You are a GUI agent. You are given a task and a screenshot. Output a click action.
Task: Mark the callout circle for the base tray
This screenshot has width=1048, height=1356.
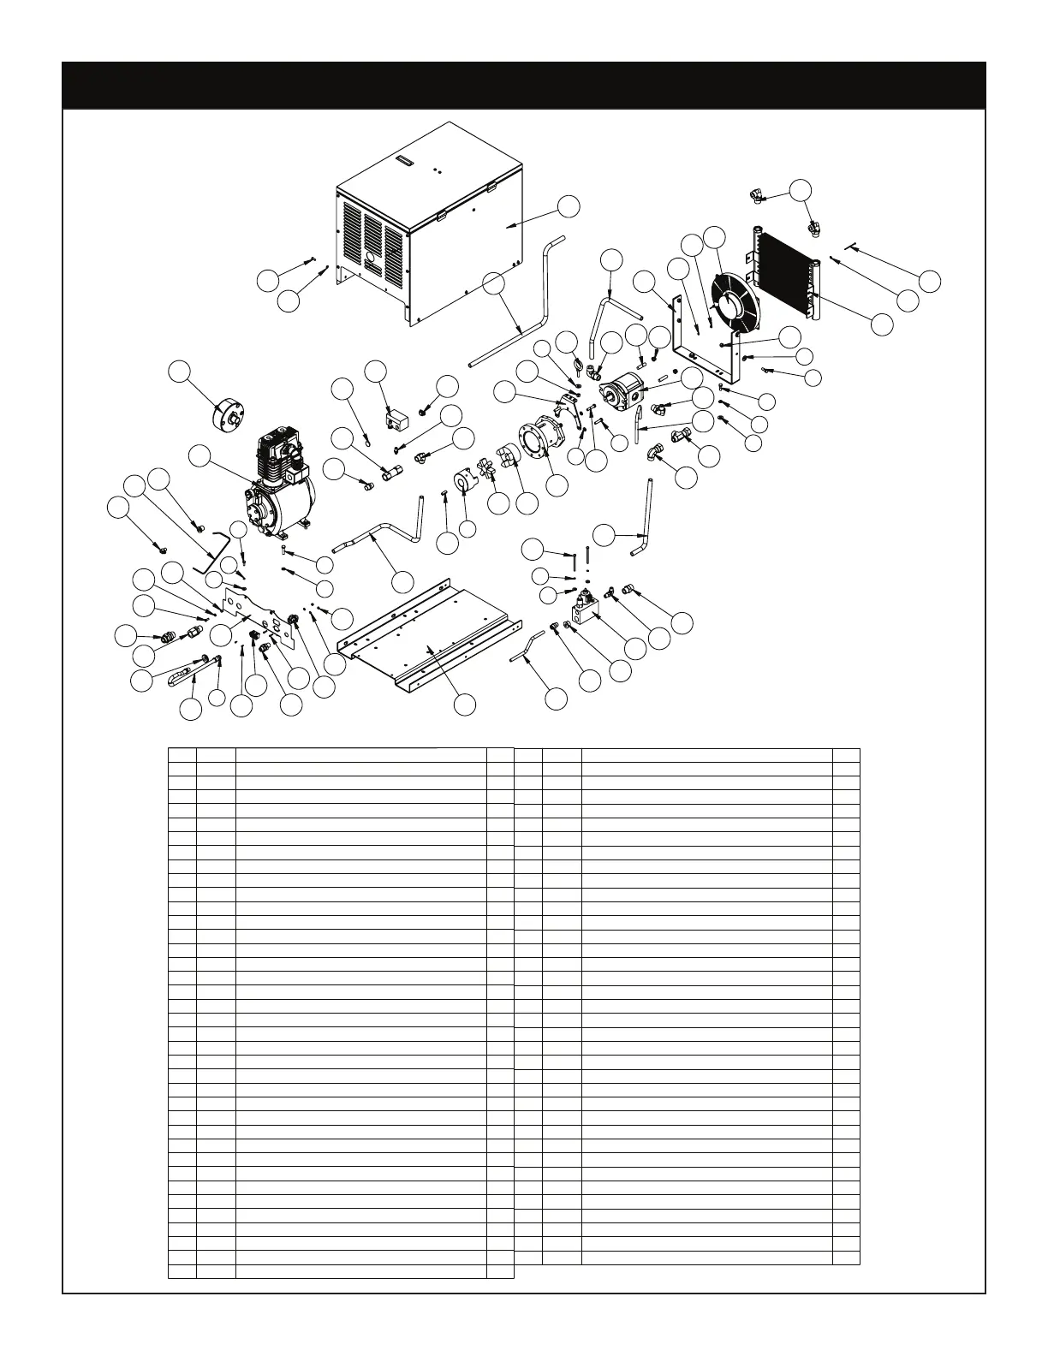point(465,704)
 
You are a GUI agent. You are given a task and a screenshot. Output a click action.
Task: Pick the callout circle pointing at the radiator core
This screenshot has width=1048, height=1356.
point(881,324)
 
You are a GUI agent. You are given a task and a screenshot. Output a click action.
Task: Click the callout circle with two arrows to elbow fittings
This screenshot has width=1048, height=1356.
point(800,190)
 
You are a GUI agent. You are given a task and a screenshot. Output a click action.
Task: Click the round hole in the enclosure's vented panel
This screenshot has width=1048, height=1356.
point(370,256)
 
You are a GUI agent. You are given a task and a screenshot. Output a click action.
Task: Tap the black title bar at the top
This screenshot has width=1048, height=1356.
point(524,85)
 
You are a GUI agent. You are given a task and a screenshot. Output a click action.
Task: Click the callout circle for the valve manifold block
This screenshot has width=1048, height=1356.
point(634,648)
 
